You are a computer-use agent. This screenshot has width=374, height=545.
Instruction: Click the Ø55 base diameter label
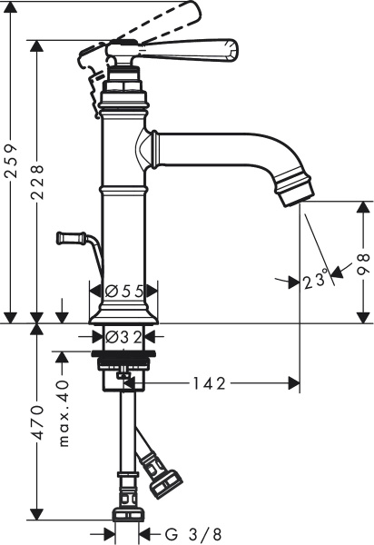pyautogui.click(x=124, y=292)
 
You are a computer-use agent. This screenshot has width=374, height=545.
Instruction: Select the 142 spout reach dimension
pyautogui.click(x=210, y=383)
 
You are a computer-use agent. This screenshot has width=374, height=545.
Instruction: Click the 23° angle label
pyautogui.click(x=315, y=281)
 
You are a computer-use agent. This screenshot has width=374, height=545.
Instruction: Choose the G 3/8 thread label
pyautogui.click(x=193, y=533)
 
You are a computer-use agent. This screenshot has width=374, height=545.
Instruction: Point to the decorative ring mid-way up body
pyautogui.click(x=124, y=192)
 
